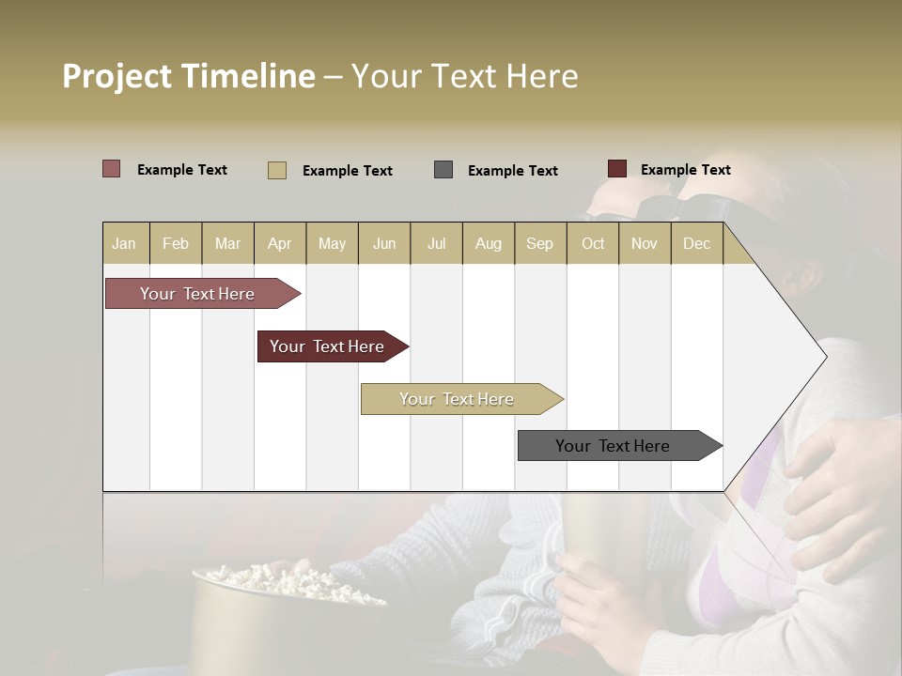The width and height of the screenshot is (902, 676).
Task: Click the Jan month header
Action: point(124,244)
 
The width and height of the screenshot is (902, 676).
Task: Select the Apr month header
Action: point(279,244)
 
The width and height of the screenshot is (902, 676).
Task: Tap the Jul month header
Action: point(436,244)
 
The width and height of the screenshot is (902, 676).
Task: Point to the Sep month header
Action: point(539,244)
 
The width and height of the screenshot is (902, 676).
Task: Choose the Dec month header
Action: point(696,244)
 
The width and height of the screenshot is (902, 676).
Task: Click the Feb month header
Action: point(176,244)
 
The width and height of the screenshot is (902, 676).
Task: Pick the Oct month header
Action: point(593,244)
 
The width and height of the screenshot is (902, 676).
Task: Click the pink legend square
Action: point(112,169)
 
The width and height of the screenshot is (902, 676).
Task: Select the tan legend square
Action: point(277,170)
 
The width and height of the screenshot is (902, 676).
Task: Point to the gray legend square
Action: point(443,170)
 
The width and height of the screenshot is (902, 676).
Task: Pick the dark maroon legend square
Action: point(617,169)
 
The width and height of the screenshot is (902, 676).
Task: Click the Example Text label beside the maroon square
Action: point(685,170)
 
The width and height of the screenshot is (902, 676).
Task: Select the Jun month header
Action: point(384,244)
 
